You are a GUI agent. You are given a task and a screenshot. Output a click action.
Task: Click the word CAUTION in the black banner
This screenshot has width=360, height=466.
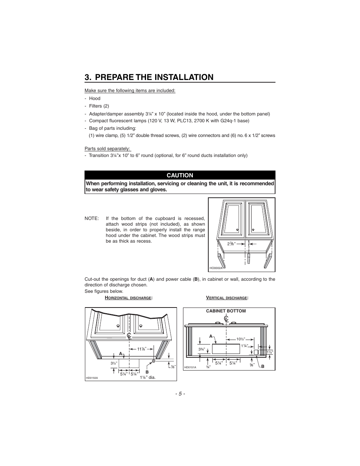coord(180,175)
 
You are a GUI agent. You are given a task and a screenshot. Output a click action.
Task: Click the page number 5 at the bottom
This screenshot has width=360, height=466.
coord(180,394)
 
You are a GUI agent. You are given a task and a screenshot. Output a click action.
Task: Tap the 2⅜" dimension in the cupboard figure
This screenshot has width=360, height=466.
coord(231,244)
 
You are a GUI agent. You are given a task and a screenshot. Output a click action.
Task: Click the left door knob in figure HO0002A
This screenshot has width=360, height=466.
coord(237,230)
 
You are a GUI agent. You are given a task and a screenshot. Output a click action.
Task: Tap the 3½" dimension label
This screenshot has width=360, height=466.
coord(114,363)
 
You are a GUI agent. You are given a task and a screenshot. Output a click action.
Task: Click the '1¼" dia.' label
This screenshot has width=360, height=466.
coord(148,377)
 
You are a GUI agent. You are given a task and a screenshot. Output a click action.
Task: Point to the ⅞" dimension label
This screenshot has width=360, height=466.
coord(172,366)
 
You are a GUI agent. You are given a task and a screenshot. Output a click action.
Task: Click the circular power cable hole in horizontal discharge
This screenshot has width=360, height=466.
coord(154,361)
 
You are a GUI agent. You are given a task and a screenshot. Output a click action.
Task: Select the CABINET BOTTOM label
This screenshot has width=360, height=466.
coord(226,311)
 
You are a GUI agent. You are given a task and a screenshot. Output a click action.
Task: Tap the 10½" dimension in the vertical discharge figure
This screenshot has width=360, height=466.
coord(240,339)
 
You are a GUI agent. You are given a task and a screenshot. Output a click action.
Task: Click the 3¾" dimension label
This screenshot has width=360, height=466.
coord(202,349)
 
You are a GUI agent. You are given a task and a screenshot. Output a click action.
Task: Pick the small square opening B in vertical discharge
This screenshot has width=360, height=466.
coord(255,352)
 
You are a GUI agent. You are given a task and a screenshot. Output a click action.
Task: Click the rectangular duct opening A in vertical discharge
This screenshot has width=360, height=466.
coord(226,349)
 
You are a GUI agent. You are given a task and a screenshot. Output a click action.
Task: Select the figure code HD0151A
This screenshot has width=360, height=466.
coord(190,367)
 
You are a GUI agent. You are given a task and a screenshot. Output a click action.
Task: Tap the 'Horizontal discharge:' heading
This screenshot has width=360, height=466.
coord(128,298)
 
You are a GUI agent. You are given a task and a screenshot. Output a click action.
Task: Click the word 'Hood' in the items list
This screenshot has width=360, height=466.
coord(95,98)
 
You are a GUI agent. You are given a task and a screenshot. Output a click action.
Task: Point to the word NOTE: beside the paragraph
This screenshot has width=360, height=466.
coord(92,218)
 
